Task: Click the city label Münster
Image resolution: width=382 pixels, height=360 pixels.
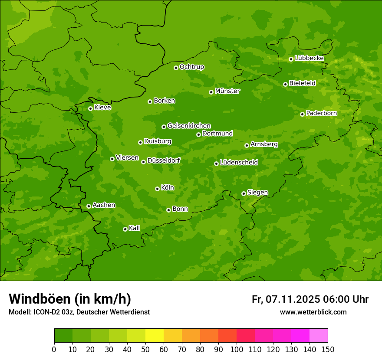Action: click(x=227, y=91)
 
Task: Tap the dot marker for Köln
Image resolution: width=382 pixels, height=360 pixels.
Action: click(x=157, y=189)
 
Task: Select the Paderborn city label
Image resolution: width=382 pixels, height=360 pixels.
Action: click(x=321, y=113)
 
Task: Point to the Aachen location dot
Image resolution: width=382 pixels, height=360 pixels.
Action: click(x=89, y=206)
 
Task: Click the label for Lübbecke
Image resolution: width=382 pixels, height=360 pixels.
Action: click(x=309, y=58)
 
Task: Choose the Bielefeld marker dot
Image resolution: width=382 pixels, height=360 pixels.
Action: click(x=285, y=84)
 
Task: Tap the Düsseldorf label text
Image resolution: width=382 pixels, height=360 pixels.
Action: click(x=163, y=160)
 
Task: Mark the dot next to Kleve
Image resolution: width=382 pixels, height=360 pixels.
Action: click(x=90, y=108)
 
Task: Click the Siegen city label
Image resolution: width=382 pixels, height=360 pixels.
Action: click(x=257, y=193)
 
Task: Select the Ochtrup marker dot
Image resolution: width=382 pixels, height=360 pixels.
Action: click(x=176, y=68)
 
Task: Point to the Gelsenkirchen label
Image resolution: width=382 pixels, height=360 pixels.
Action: click(x=189, y=126)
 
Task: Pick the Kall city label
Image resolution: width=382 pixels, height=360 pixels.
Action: click(x=134, y=228)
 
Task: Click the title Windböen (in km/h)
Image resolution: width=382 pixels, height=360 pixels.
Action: click(x=70, y=299)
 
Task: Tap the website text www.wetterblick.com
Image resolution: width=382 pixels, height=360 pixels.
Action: click(x=313, y=312)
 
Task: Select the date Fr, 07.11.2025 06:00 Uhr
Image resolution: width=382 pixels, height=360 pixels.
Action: click(x=310, y=299)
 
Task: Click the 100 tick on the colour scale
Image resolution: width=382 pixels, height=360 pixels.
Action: click(x=237, y=349)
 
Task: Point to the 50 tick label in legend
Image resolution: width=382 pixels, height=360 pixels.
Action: click(x=145, y=349)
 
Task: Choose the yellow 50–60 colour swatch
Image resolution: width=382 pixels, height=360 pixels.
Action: click(x=155, y=336)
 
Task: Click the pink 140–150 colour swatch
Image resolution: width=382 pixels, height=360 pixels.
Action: click(x=319, y=336)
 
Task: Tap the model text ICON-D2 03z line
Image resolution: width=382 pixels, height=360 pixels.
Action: click(x=79, y=312)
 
